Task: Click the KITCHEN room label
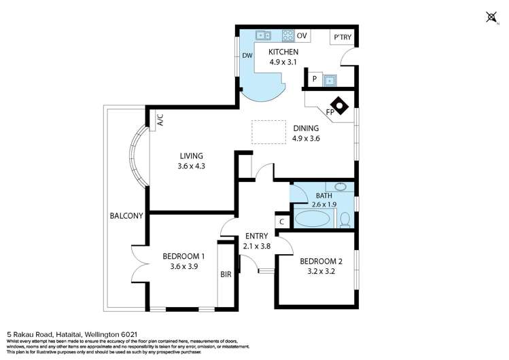(283, 52)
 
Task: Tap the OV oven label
(302, 35)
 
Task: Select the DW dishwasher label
(247, 56)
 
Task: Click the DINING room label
(306, 128)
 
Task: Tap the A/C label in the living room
(160, 120)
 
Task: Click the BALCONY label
(126, 216)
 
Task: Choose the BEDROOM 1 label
(183, 256)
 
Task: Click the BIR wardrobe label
(226, 275)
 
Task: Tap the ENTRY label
(256, 236)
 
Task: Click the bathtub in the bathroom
(312, 219)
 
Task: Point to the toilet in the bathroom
(345, 219)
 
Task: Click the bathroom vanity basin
(340, 187)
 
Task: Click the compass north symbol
(491, 16)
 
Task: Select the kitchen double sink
(264, 35)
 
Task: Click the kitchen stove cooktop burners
(287, 35)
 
